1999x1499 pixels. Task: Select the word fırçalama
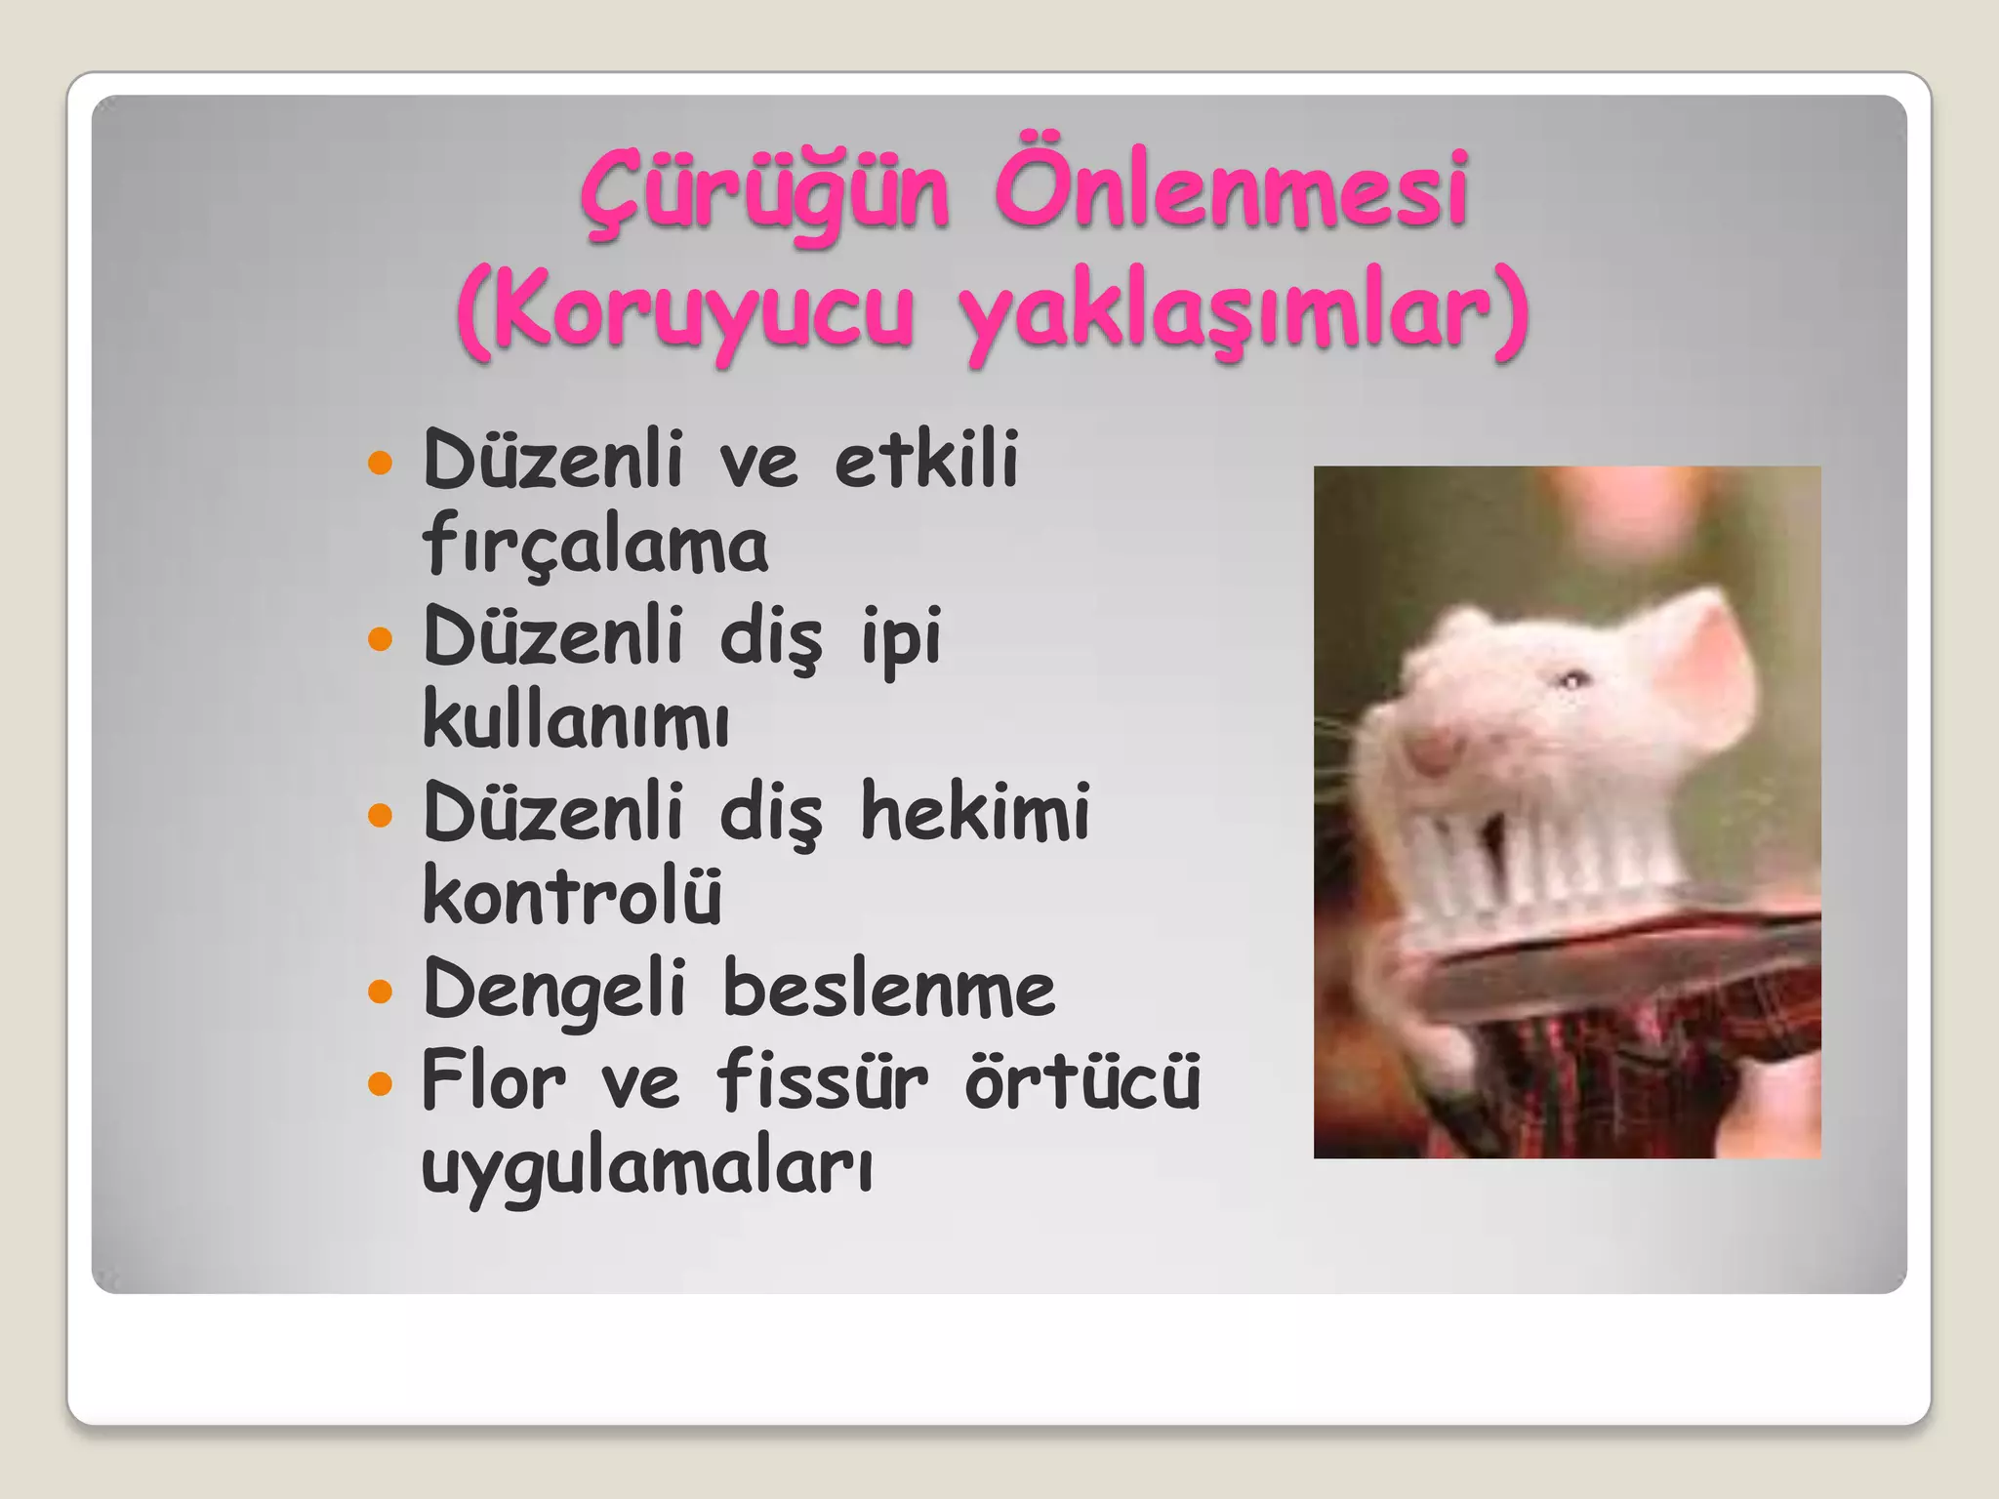tap(595, 547)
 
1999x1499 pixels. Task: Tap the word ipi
tap(901, 636)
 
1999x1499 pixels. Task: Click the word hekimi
tap(975, 812)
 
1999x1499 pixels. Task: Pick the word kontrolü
tap(572, 896)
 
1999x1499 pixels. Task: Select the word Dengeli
tap(554, 990)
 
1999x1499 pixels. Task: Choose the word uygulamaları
tap(646, 1167)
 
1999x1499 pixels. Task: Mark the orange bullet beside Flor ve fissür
tap(380, 1082)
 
